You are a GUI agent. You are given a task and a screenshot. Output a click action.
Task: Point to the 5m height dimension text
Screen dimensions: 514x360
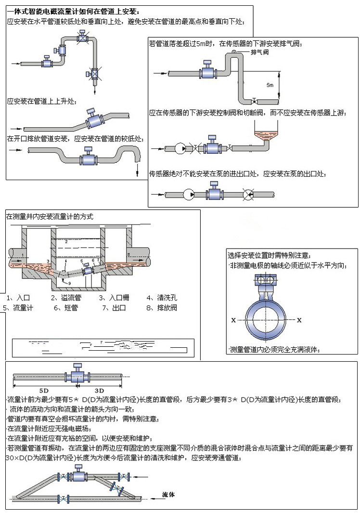point(270,85)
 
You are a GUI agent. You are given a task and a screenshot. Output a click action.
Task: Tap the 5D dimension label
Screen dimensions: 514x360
point(43,389)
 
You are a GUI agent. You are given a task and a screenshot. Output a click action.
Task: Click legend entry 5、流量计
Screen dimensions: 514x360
point(19,307)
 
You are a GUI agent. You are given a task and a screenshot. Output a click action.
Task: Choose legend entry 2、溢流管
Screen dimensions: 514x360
point(67,297)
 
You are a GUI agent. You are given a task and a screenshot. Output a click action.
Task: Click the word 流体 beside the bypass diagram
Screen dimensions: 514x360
point(168,494)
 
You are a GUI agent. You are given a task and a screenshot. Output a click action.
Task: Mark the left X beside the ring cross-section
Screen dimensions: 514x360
point(233,319)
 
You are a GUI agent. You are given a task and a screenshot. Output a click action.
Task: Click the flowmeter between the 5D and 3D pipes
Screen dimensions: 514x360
point(76,375)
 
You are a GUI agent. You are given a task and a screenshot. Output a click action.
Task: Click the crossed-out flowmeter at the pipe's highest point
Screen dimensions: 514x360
point(84,37)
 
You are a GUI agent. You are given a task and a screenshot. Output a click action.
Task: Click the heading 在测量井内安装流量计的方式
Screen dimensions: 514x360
point(50,217)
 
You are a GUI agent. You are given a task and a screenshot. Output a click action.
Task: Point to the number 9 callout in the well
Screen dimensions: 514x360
point(69,283)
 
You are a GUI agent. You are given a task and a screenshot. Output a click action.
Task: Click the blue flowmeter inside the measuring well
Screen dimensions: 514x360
point(89,269)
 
